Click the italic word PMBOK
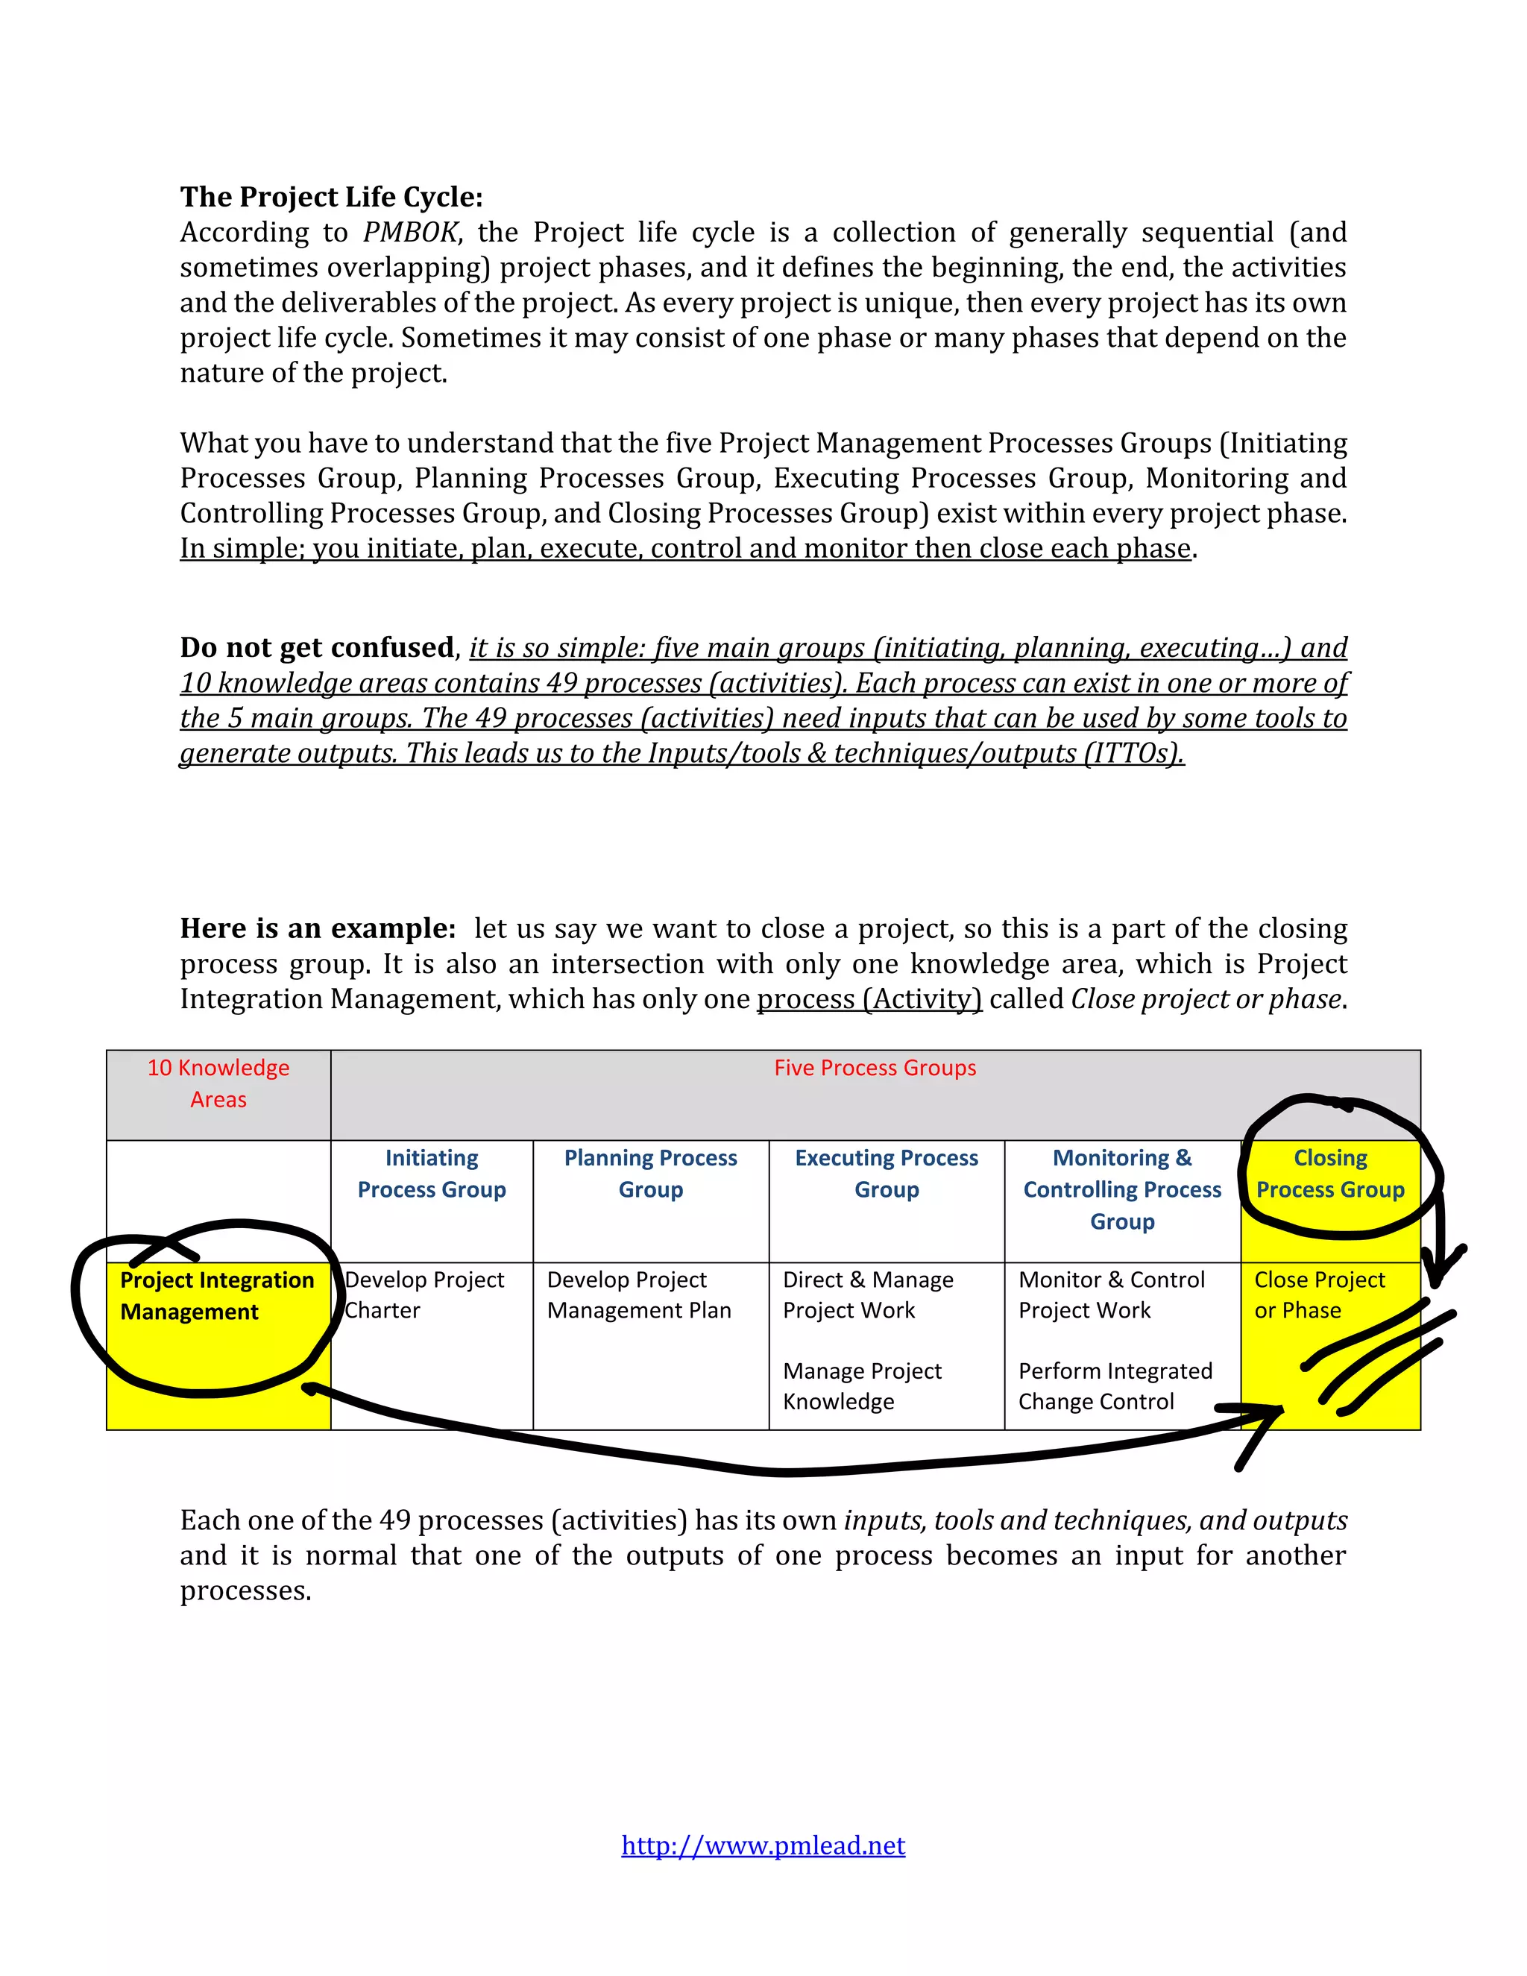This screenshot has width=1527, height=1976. [x=411, y=232]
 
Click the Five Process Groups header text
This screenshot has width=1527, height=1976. [x=875, y=1068]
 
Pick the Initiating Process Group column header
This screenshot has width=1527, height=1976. [x=432, y=1174]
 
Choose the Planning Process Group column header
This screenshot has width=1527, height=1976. [x=650, y=1174]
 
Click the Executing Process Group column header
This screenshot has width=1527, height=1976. [x=887, y=1174]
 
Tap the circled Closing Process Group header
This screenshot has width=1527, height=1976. [x=1330, y=1174]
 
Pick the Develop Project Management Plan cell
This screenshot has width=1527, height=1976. [x=639, y=1294]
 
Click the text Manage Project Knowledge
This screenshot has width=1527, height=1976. [x=861, y=1385]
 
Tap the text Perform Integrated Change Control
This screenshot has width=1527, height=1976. [x=1115, y=1385]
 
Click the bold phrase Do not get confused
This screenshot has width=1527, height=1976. [x=317, y=647]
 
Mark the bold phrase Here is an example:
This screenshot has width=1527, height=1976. [x=318, y=928]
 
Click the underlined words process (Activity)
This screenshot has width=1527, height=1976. [x=869, y=999]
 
